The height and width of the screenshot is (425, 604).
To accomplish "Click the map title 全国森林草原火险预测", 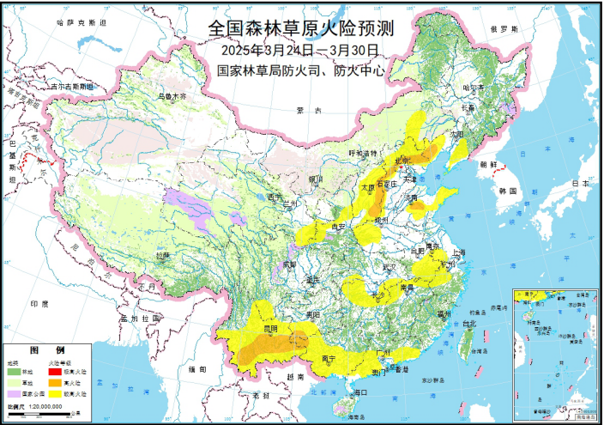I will tap(300, 29).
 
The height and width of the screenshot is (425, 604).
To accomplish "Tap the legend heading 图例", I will tap(47, 351).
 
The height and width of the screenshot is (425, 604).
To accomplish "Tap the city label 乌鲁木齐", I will tap(170, 97).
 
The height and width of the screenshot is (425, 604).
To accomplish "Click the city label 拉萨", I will tap(163, 255).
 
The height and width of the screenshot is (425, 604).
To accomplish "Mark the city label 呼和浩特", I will tap(362, 153).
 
